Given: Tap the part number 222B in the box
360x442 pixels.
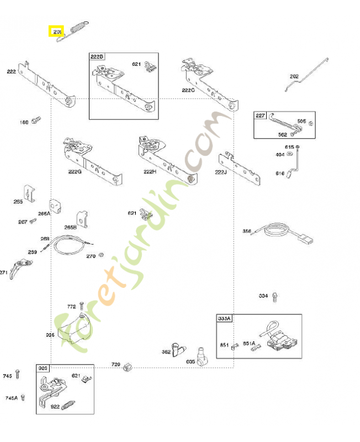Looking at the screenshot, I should coord(97,57).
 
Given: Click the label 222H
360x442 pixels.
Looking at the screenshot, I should coord(150,172).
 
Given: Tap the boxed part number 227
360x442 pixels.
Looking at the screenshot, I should coord(260,115).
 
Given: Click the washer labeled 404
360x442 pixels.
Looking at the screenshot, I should coord(298,154).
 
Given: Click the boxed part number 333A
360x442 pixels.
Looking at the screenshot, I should coord(225,319).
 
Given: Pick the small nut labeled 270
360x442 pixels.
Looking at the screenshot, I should coord(102,255).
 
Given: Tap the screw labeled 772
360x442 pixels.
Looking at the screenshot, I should coord(81,305).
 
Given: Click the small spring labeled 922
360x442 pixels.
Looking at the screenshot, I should coord(67,406).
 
